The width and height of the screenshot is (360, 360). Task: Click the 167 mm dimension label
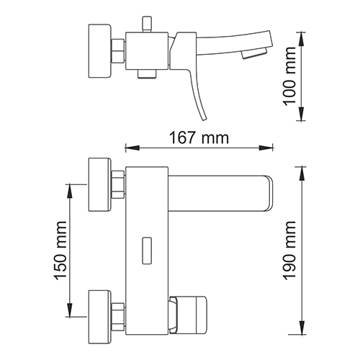199,138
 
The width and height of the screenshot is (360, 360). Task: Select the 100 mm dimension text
289,76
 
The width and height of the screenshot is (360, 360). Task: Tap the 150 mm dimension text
60,251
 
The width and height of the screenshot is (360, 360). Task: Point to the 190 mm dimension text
289,251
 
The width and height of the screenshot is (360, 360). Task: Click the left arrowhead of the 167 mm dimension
132,148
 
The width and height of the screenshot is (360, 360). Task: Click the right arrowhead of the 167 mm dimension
266,148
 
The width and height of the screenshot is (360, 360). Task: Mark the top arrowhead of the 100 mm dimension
301,39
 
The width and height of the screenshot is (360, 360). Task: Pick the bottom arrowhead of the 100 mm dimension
301,114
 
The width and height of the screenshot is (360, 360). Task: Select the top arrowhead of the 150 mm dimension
70,192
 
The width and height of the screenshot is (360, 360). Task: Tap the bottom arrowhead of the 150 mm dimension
70,310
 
